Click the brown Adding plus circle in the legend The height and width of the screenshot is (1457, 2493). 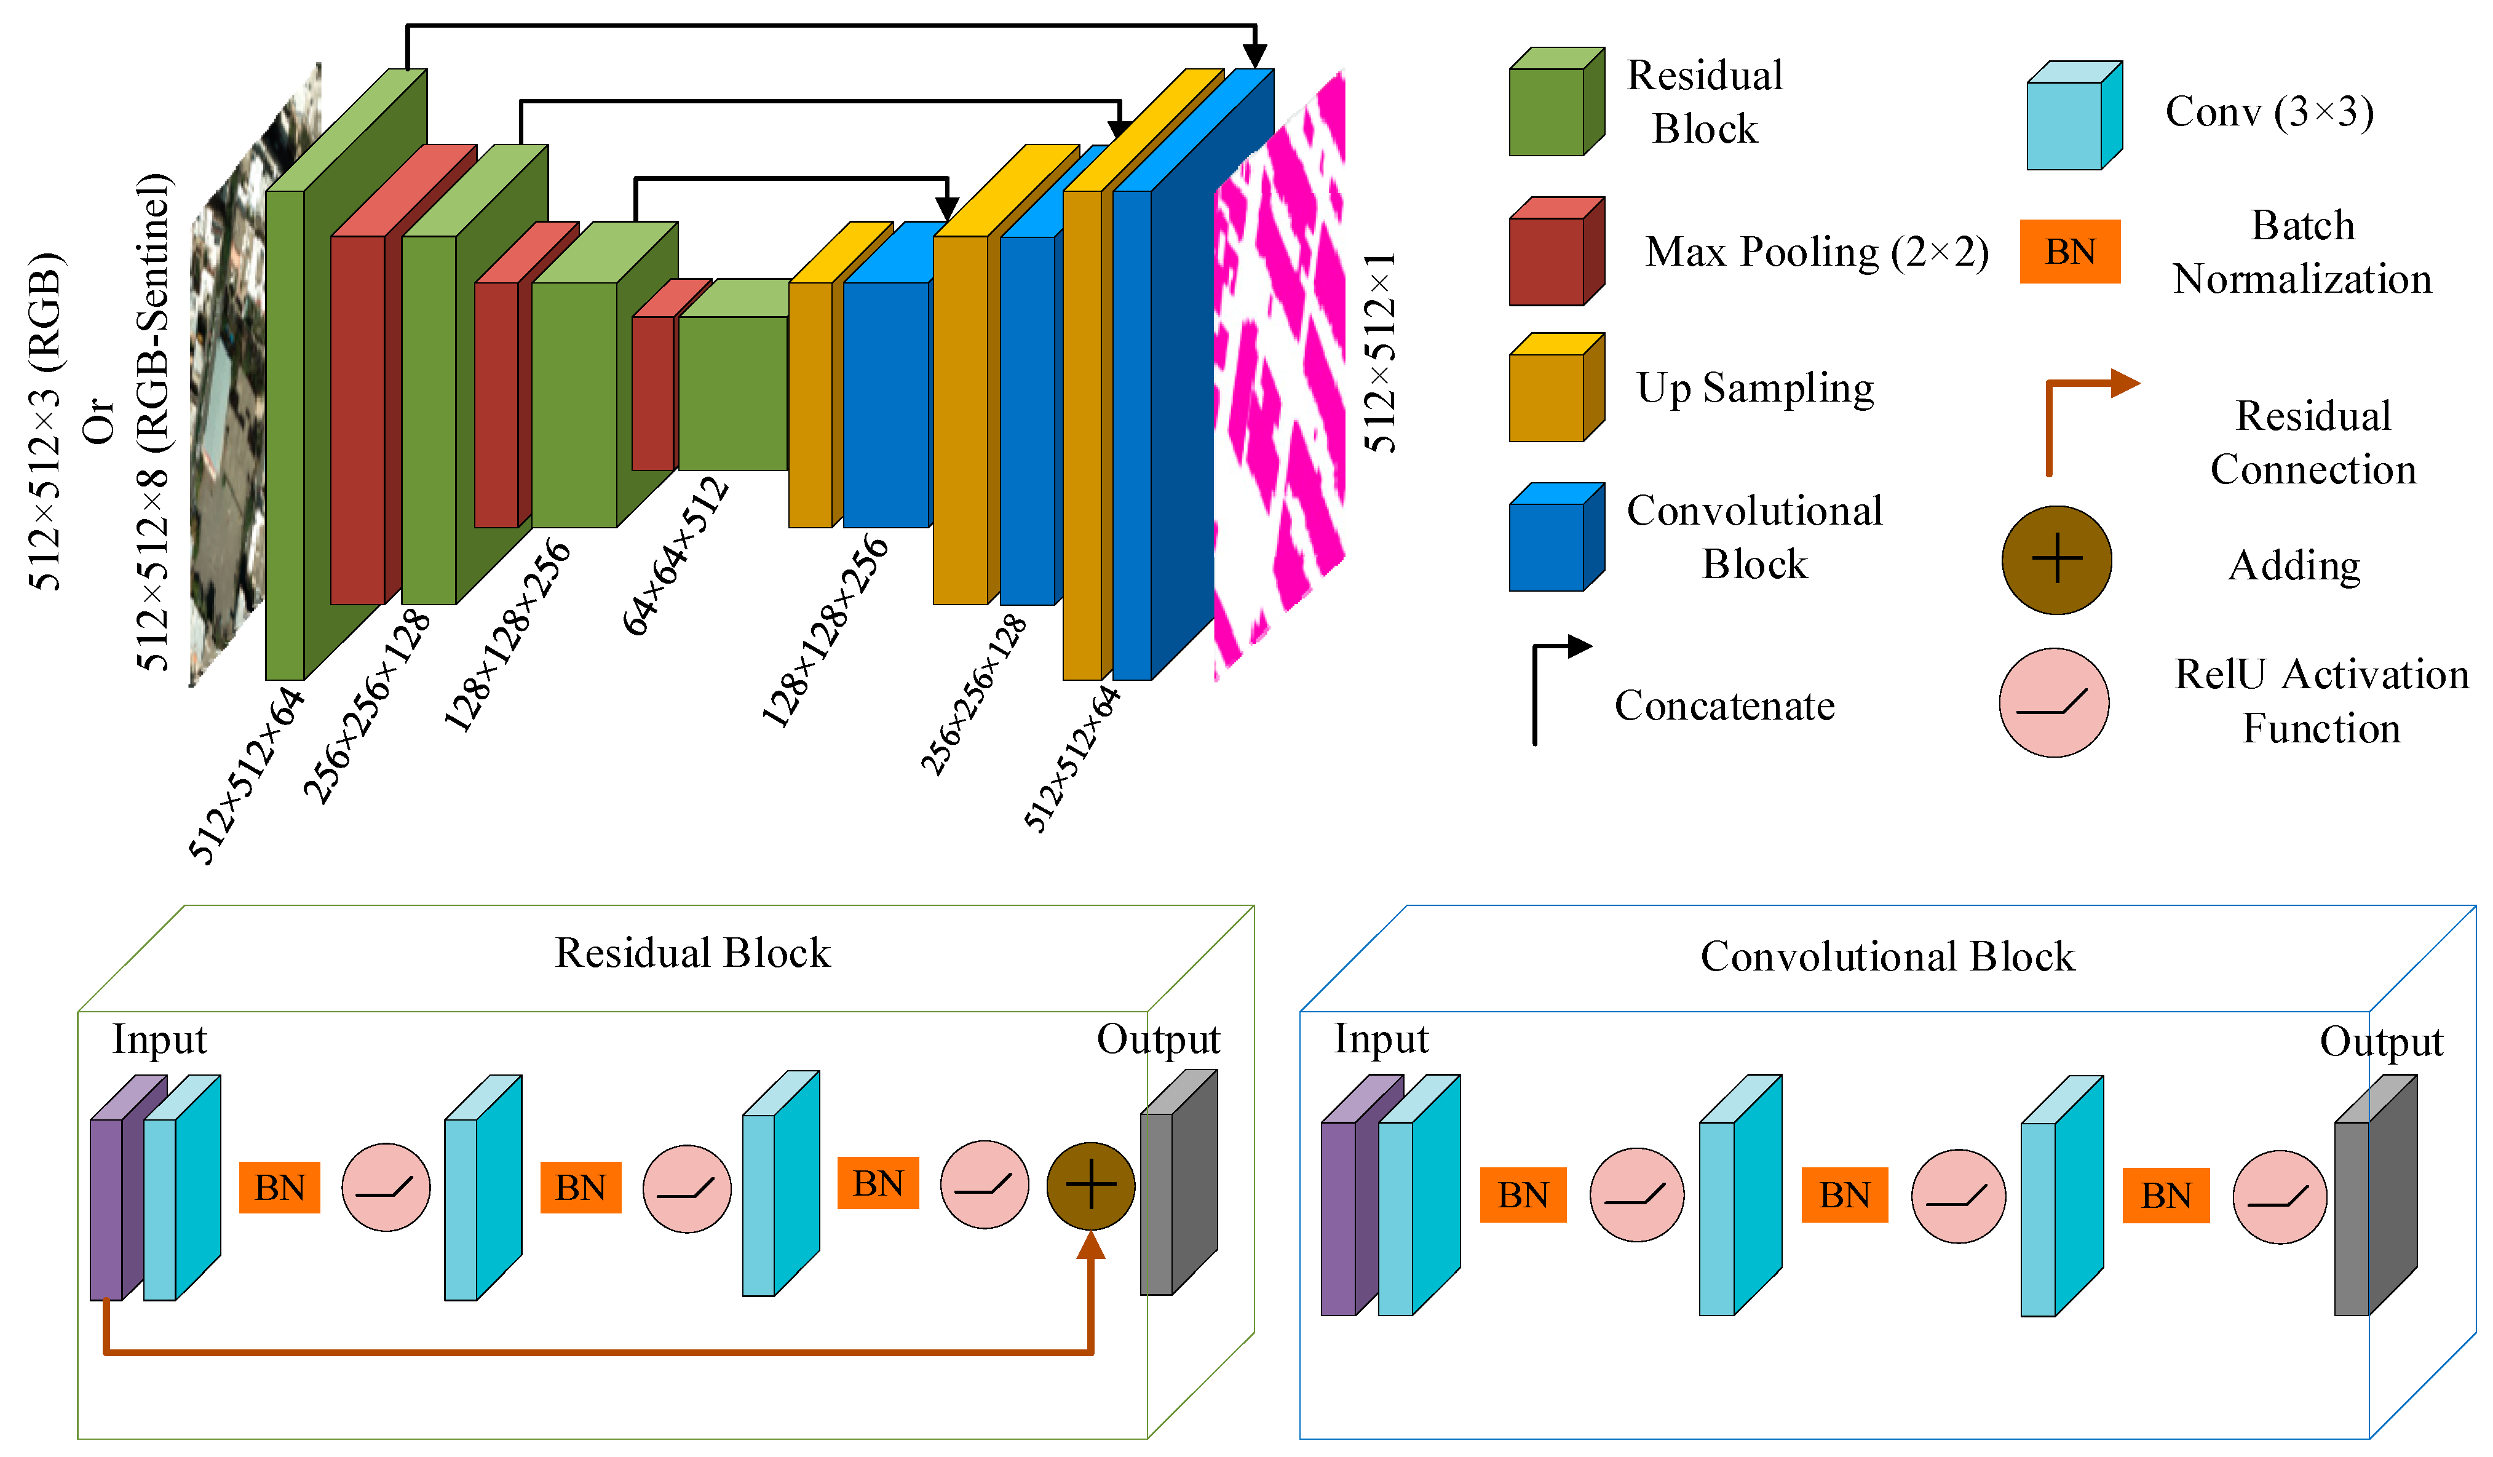click(2057, 560)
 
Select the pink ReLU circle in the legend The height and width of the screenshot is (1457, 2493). click(2054, 703)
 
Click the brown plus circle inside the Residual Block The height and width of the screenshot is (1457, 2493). click(1090, 1186)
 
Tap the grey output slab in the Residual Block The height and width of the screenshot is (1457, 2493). click(1176, 1187)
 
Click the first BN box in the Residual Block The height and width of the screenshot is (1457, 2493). click(280, 1187)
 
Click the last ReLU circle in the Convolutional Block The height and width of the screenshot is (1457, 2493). click(2280, 1197)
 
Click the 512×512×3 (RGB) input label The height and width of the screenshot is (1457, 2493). click(44, 421)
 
